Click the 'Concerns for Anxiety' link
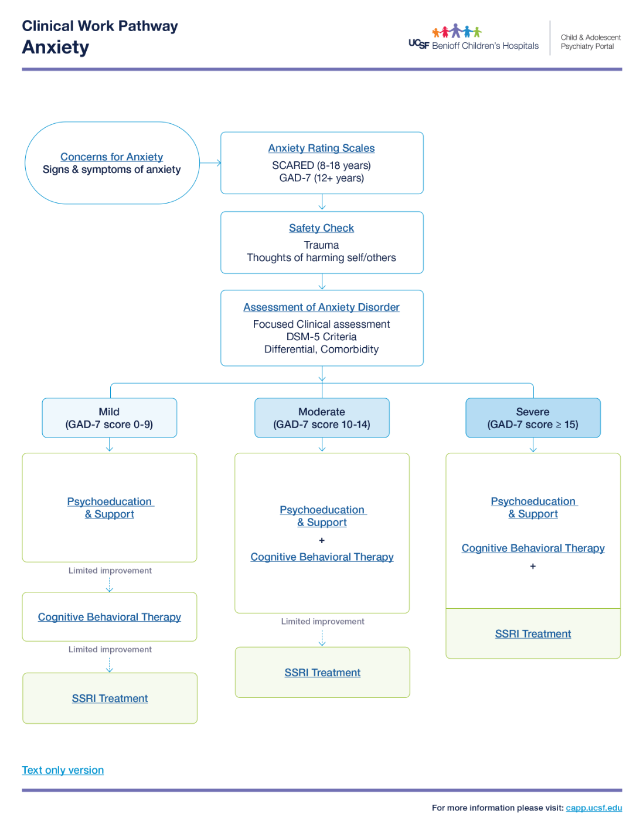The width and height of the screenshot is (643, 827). point(111,157)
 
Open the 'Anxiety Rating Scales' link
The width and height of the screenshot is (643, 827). point(321,148)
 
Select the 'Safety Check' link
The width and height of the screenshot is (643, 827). point(321,228)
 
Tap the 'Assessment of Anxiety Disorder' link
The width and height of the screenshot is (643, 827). point(321,307)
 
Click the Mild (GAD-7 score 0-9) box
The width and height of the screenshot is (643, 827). point(109,418)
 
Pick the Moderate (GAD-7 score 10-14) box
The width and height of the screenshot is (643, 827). point(321,418)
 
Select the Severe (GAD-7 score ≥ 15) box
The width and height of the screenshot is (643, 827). point(533,418)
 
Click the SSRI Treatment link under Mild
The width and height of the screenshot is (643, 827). point(110,699)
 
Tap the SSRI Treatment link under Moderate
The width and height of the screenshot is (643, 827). point(322,673)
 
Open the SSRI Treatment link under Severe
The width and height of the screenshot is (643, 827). point(533,634)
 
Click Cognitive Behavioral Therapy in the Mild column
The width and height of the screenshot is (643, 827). point(110,617)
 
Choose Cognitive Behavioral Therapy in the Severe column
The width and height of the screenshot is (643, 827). point(533,548)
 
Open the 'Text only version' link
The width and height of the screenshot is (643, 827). point(63,770)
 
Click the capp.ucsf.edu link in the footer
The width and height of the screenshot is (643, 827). point(594,808)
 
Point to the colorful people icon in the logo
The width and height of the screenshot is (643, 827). point(457,31)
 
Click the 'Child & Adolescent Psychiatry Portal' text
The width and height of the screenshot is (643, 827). point(590,42)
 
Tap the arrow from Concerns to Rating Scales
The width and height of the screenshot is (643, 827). point(210,163)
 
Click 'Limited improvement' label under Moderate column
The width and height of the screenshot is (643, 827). point(322,621)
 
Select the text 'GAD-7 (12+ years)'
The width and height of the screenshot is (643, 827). point(321,178)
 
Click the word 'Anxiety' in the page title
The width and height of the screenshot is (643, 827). point(56,47)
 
